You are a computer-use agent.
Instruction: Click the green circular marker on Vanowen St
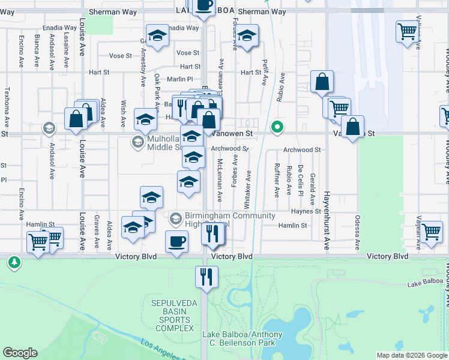point(277,127)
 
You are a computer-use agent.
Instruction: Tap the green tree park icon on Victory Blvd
point(14,262)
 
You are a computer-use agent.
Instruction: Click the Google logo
point(20,353)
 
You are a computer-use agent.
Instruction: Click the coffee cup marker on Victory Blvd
point(176,242)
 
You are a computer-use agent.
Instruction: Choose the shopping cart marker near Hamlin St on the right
point(431,231)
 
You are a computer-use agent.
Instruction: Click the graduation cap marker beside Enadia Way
point(157,35)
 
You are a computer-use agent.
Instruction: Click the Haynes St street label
point(307,211)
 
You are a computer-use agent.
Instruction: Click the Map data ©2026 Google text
point(411,355)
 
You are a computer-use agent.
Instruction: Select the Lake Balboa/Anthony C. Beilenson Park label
point(239,338)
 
